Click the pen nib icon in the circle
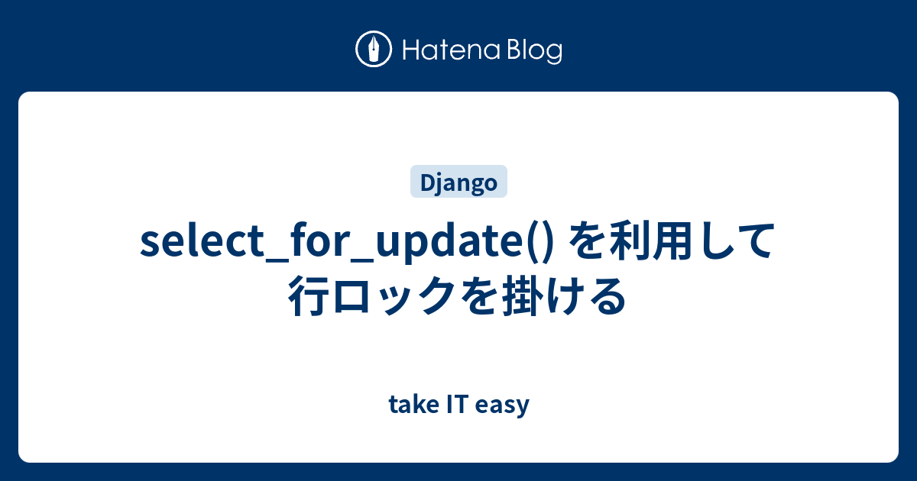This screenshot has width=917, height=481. click(374, 50)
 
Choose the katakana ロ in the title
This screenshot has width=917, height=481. click(358, 295)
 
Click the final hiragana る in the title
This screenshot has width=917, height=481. click(609, 295)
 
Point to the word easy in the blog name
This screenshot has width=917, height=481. click(502, 405)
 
